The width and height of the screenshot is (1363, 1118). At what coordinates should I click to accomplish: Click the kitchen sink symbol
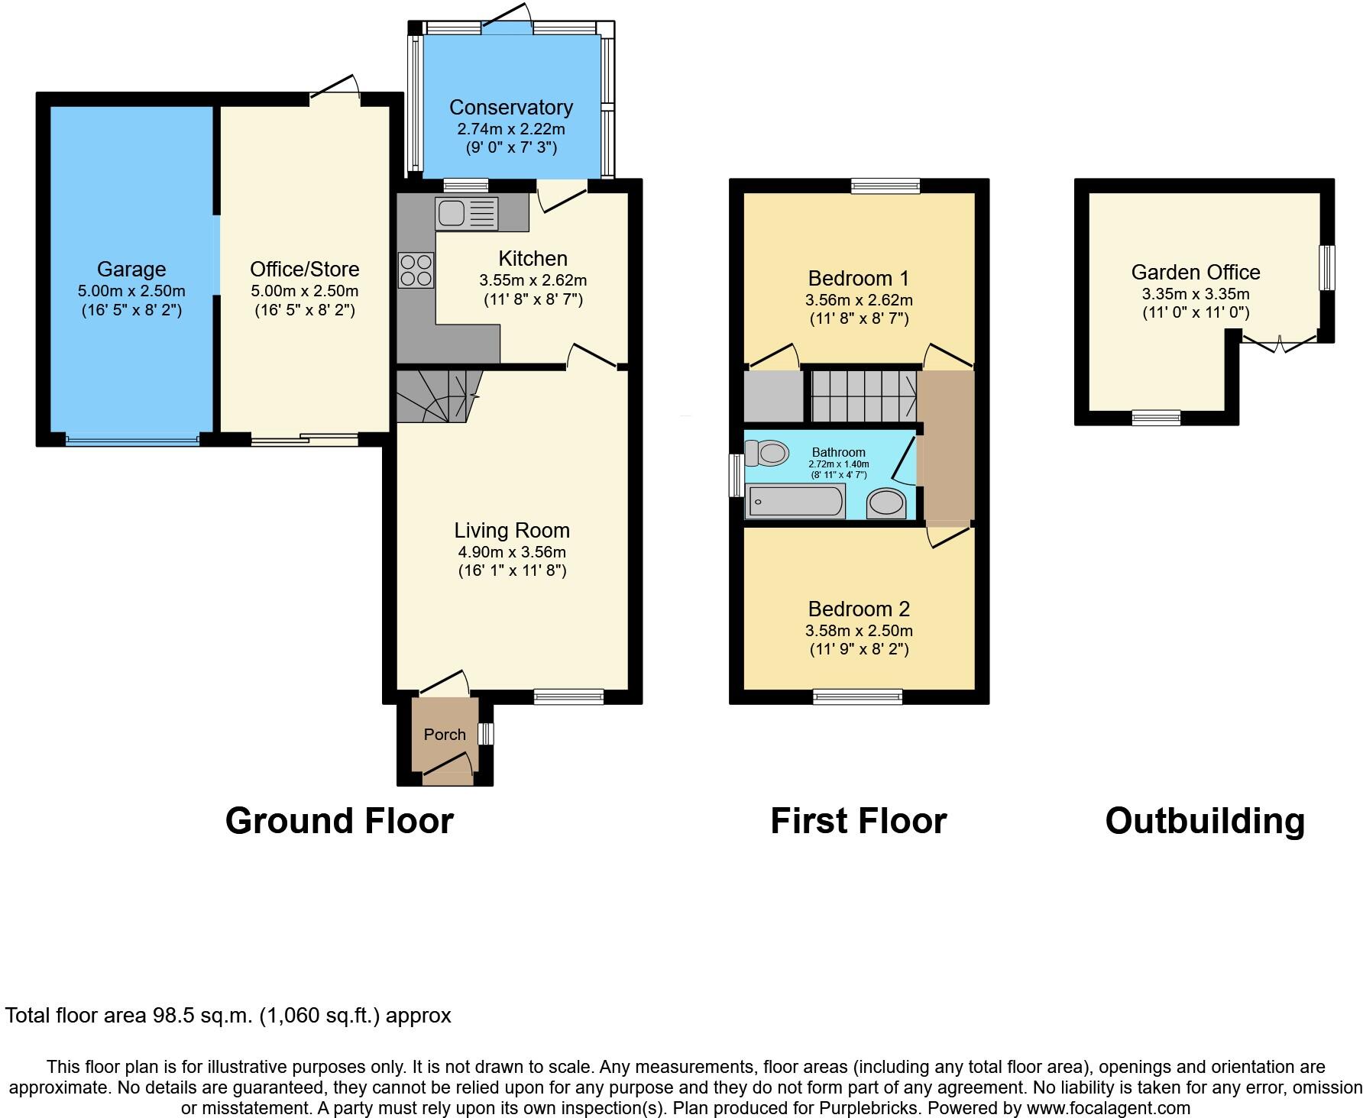click(x=466, y=213)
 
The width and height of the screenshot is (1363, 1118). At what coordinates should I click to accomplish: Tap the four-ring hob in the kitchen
click(x=416, y=270)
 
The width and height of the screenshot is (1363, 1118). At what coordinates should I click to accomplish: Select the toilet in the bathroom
click(x=767, y=454)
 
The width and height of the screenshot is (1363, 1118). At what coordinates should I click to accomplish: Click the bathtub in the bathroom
click(x=797, y=502)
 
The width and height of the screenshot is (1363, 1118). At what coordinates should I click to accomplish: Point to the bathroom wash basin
click(x=886, y=503)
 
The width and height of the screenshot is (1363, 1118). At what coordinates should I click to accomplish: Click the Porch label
click(x=445, y=735)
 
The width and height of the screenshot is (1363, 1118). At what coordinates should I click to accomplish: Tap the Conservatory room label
click(x=510, y=108)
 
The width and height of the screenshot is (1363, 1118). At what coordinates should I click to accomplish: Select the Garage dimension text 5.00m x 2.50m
click(x=131, y=291)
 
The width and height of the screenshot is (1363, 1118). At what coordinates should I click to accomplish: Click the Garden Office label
click(x=1195, y=273)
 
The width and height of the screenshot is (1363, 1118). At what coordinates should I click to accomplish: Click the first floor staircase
click(x=863, y=396)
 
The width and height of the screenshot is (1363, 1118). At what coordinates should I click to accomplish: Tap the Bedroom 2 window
click(x=857, y=696)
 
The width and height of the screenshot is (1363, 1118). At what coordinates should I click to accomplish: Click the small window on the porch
click(x=485, y=734)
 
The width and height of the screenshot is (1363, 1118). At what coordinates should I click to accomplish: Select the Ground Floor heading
click(x=339, y=821)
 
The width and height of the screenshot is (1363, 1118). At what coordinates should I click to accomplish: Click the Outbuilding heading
click(x=1204, y=821)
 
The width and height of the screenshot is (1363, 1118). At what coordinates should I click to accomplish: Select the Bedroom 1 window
click(x=885, y=186)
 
